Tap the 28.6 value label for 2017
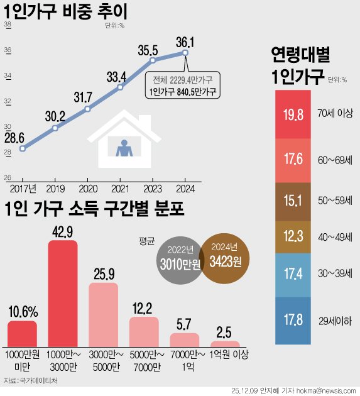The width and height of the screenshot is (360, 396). (x=13, y=138)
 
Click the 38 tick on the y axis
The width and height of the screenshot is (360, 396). (x=8, y=25)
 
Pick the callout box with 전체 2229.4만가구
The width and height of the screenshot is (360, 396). (x=182, y=86)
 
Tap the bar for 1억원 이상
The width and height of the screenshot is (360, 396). (x=224, y=344)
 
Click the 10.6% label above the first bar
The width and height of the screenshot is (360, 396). (x=22, y=311)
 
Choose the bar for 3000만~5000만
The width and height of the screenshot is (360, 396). (x=103, y=314)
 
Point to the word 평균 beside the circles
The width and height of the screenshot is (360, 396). (x=144, y=240)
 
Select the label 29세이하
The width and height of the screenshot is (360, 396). (x=335, y=321)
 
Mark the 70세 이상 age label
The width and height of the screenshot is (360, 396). (x=335, y=114)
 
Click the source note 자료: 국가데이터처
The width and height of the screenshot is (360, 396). (x=30, y=380)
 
